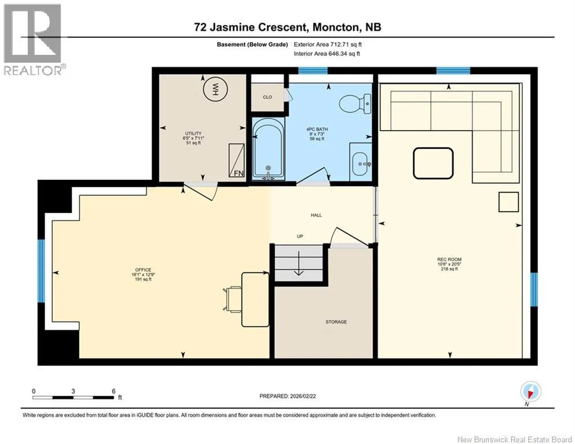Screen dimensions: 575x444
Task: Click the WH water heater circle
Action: [216, 89]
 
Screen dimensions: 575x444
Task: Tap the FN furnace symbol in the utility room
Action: [236, 161]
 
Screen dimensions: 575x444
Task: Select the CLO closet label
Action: [268, 97]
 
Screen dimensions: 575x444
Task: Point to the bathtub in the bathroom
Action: [268, 149]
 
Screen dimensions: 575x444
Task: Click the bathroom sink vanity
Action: [361, 162]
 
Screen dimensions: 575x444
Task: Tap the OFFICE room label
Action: [143, 270]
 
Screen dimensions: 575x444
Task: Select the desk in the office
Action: [255, 299]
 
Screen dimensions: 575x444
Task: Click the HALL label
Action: [316, 215]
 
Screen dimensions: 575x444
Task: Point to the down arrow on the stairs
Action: [299, 263]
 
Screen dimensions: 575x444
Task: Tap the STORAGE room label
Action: [336, 322]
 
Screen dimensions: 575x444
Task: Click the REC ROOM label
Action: [449, 260]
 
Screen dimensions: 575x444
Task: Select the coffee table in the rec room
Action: [433, 163]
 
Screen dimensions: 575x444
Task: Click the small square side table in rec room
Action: [509, 202]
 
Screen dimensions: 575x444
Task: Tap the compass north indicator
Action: [531, 391]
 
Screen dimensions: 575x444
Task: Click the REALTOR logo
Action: [33, 39]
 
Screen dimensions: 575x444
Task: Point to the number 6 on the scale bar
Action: [114, 391]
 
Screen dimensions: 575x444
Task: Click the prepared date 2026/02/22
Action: [303, 396]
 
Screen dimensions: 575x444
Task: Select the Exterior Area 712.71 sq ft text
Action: [328, 45]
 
